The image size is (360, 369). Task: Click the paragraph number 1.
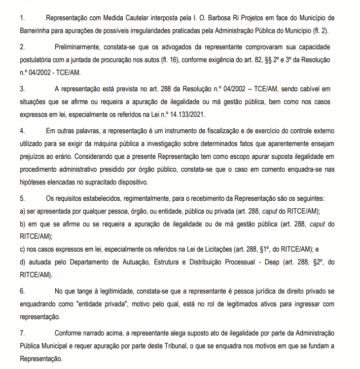[x=22, y=18]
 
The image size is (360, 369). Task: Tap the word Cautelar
[x=147, y=18]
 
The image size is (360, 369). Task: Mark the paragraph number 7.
[x=22, y=332]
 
